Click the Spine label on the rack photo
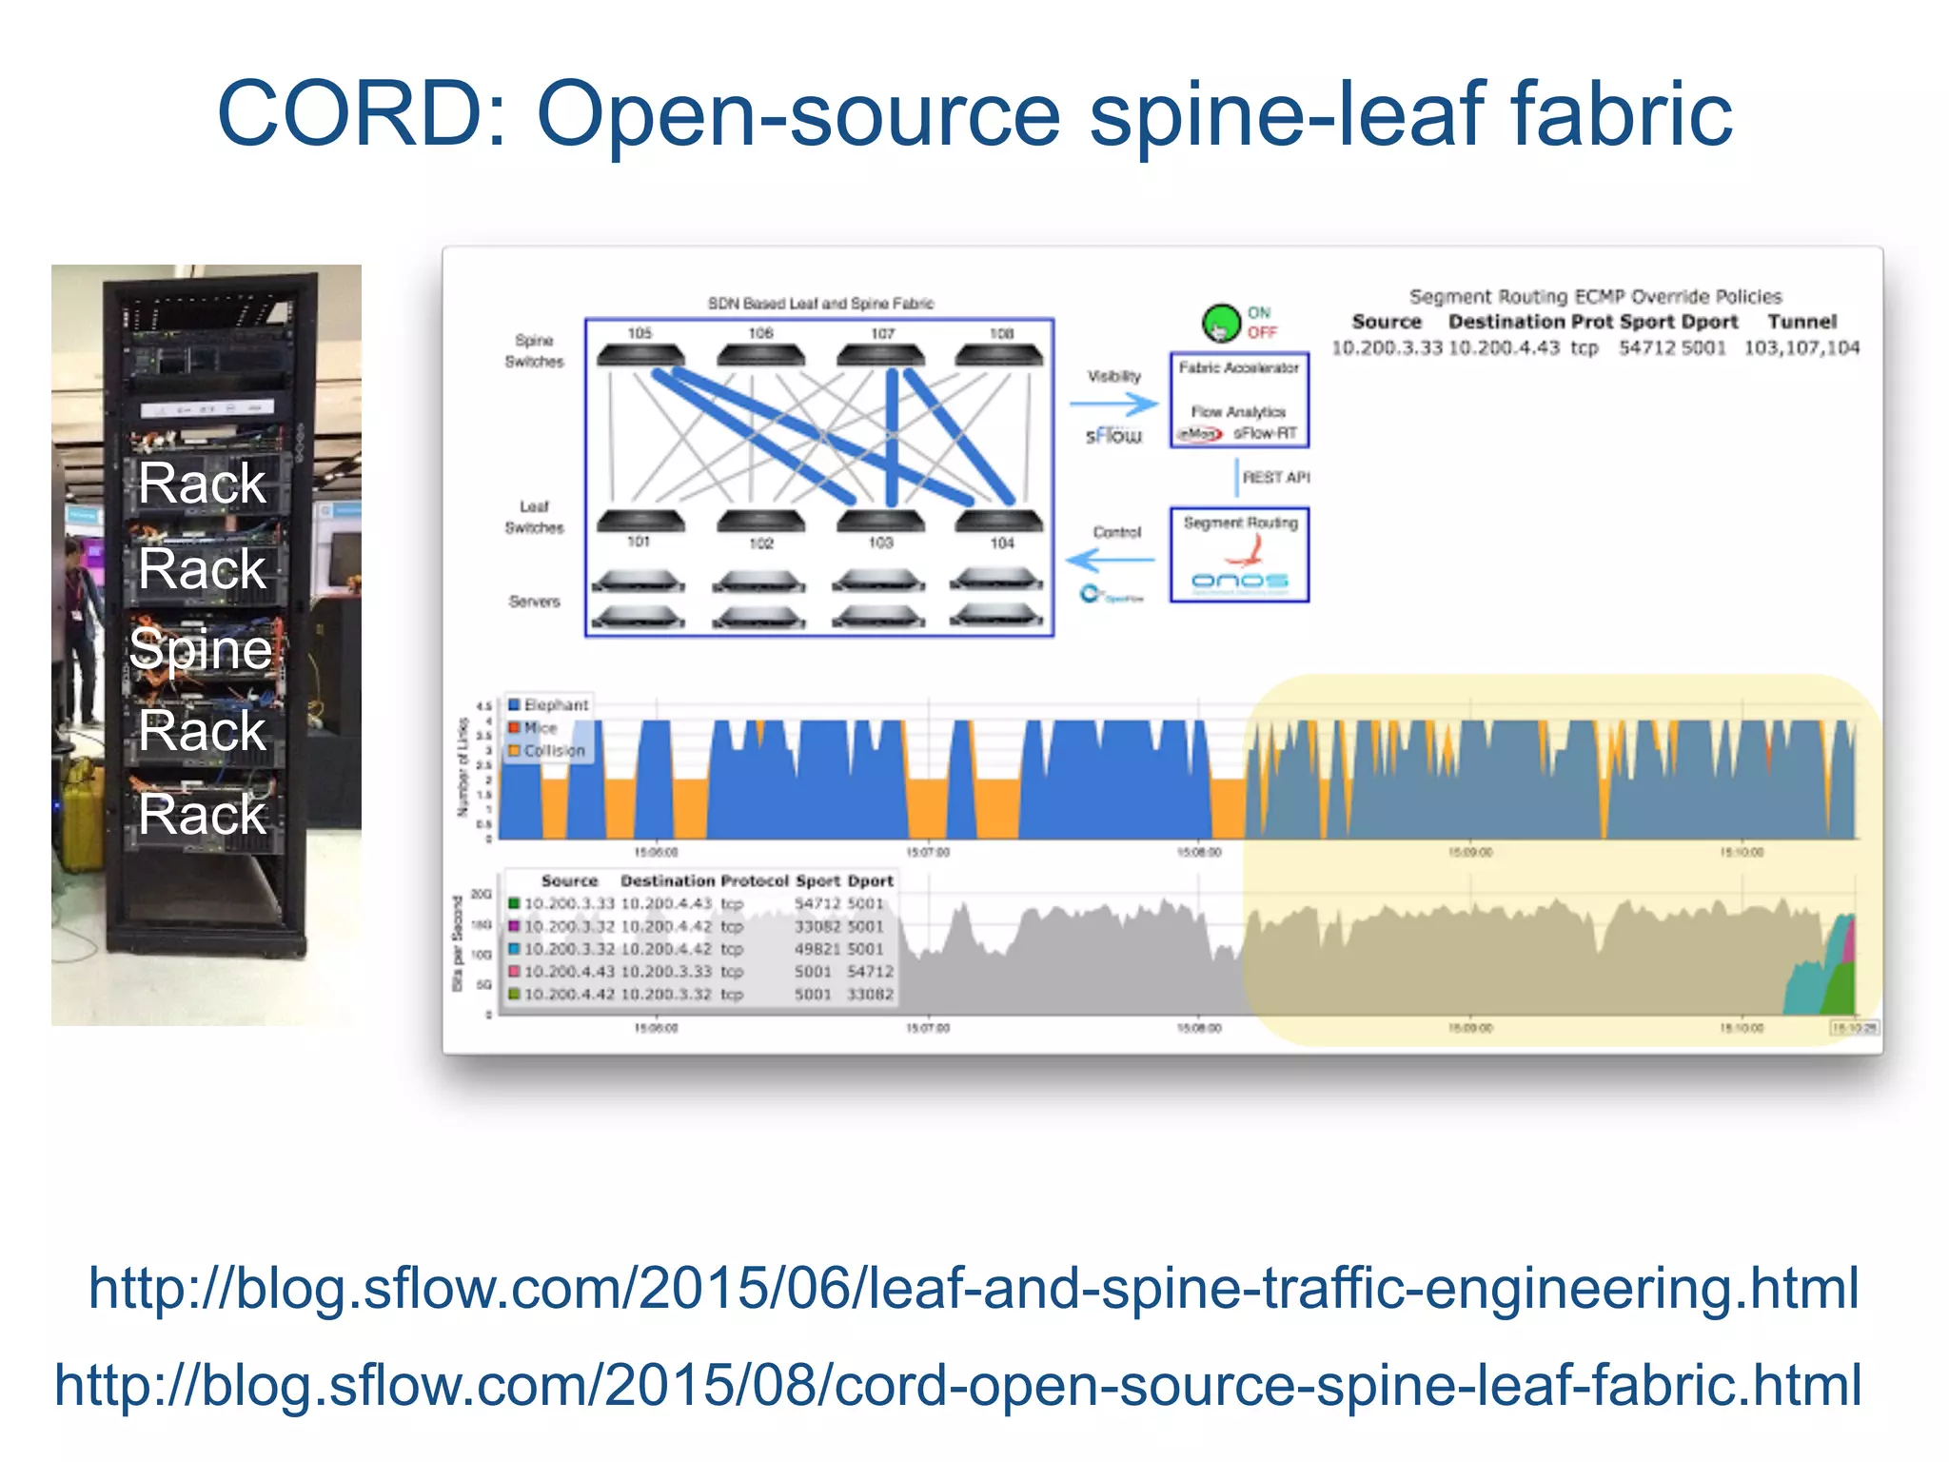[x=201, y=649]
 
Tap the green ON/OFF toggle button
[x=1221, y=324]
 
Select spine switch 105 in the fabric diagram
[x=640, y=355]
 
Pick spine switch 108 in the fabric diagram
[x=999, y=355]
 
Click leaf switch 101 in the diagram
[x=640, y=521]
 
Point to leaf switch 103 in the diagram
[x=880, y=521]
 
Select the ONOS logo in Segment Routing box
[x=1240, y=581]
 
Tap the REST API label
[x=1275, y=477]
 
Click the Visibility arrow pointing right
[x=1113, y=405]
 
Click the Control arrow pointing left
[x=1111, y=560]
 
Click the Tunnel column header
[x=1801, y=322]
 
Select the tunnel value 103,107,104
[x=1801, y=347]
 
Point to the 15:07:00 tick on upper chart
[x=927, y=852]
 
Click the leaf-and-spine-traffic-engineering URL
[x=974, y=1288]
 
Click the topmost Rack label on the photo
[x=201, y=483]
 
